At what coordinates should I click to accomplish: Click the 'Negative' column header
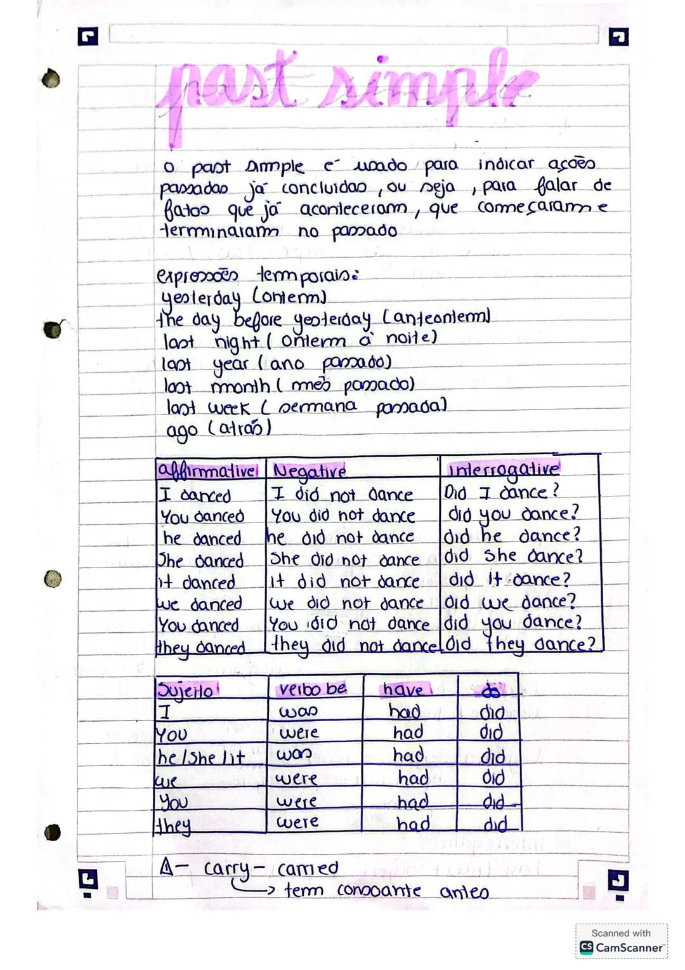point(310,471)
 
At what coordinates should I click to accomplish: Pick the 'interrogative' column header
point(504,469)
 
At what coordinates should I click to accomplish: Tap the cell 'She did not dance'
point(344,559)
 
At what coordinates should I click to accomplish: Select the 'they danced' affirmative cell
point(201,647)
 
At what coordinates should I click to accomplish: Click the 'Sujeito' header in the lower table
point(185,690)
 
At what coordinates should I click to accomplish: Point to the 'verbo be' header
point(313,689)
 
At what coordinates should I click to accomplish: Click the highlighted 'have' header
point(403,689)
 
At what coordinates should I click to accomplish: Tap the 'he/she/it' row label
point(200,757)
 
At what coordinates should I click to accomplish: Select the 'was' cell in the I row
point(297,712)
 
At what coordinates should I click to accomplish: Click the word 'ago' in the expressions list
point(181,430)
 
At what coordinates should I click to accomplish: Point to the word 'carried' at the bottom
point(308,868)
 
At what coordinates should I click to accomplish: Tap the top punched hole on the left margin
point(51,79)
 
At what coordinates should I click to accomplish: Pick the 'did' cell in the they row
point(495,824)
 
